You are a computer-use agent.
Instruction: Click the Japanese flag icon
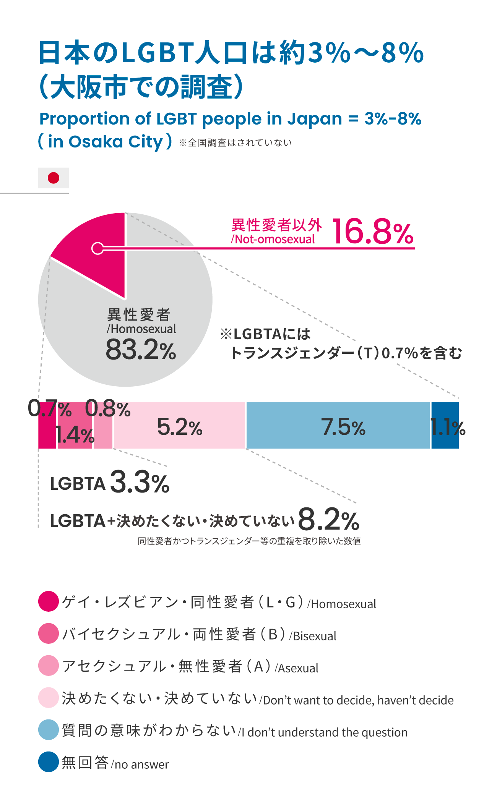pyautogui.click(x=54, y=178)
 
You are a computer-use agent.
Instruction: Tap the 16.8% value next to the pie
pyautogui.click(x=373, y=232)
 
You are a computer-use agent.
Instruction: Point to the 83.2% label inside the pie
pyautogui.click(x=141, y=350)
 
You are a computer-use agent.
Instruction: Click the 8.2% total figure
pyautogui.click(x=328, y=520)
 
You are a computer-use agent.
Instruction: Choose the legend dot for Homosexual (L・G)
pyautogui.click(x=49, y=601)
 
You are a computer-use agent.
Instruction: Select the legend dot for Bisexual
pyautogui.click(x=49, y=633)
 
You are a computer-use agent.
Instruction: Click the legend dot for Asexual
pyautogui.click(x=49, y=666)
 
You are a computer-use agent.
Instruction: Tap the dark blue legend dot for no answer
pyautogui.click(x=49, y=762)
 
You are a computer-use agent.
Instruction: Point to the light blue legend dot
pyautogui.click(x=49, y=730)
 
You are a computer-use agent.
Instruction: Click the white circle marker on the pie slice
pyautogui.click(x=97, y=248)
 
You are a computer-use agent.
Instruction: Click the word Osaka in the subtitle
pyautogui.click(x=96, y=142)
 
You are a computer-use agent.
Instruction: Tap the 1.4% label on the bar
pyautogui.click(x=75, y=435)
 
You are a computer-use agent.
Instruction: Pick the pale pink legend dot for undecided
pyautogui.click(x=49, y=698)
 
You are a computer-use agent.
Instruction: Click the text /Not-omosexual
pyautogui.click(x=273, y=240)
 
